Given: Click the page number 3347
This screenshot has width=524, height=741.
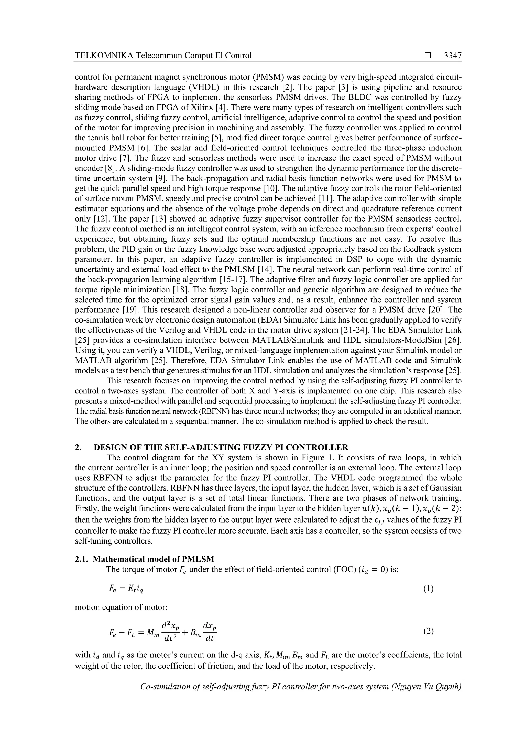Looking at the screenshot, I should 452,56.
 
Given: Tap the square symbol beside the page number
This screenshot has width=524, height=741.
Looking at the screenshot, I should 428,56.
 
